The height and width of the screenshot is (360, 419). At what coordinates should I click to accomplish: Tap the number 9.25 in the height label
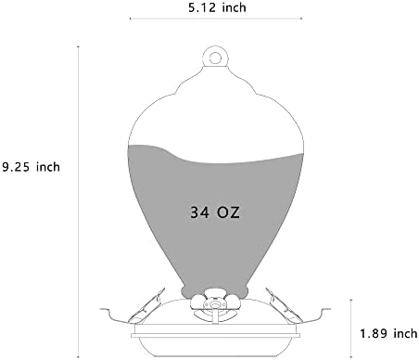[16, 167]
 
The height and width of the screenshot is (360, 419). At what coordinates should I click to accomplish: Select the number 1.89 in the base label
[374, 333]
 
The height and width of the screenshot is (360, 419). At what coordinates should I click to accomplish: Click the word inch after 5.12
[235, 7]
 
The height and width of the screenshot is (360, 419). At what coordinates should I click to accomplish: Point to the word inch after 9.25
[48, 167]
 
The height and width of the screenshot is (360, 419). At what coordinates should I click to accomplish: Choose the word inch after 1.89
[405, 333]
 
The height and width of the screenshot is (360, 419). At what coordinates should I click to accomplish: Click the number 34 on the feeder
[199, 212]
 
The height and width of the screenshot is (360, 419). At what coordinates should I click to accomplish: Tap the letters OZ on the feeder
[228, 212]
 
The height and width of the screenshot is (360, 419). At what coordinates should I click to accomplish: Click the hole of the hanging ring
[215, 58]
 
